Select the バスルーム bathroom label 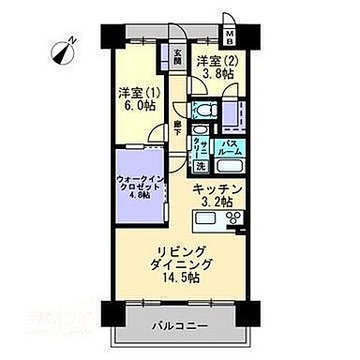(231, 148)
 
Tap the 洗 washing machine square (201, 166)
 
